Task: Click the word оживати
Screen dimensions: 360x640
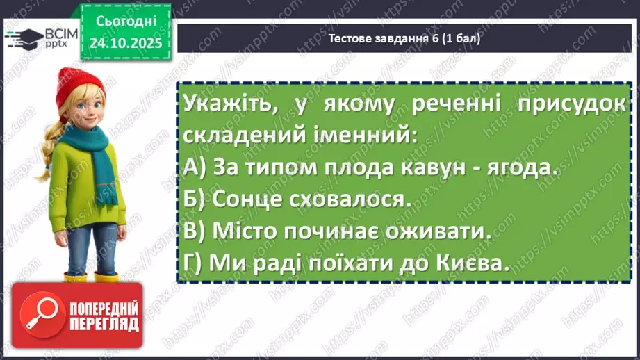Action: (x=446, y=233)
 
